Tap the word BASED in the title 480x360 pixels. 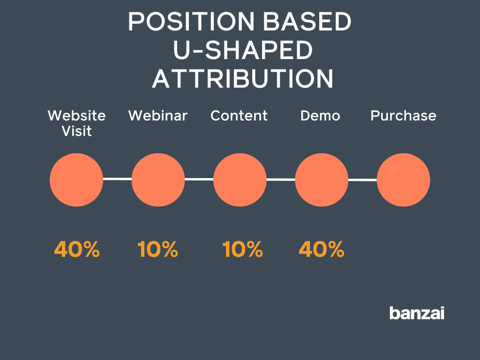pos(311,22)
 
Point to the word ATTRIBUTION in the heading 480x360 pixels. pos(242,79)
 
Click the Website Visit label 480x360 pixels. pos(77,123)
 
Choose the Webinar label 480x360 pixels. pos(158,116)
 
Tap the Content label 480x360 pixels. pos(239,116)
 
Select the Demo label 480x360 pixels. pos(320,116)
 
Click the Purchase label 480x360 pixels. pos(403,116)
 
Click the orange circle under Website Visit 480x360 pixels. pos(76,180)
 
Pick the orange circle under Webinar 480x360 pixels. pos(158,180)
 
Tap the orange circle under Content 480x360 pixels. pos(240,180)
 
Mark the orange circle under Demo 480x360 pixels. pos(322,180)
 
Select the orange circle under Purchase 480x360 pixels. pos(403,180)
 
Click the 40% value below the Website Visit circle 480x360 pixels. pos(77,249)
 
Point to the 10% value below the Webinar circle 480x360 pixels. pos(158,249)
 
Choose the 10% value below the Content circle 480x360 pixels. pos(242,249)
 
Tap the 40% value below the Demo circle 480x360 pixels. pos(322,249)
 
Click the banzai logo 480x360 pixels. pos(417,313)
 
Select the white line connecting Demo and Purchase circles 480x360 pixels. pos(362,180)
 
